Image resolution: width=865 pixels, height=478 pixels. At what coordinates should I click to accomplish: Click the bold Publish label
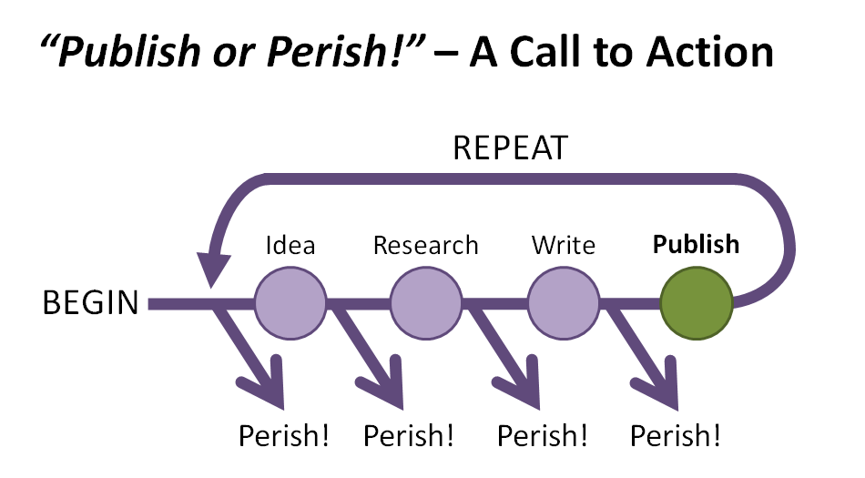697,245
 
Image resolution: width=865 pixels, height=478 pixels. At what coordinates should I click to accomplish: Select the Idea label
290,245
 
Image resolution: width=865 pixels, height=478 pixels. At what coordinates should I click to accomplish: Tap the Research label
425,245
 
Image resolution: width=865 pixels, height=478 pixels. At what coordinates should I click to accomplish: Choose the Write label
563,245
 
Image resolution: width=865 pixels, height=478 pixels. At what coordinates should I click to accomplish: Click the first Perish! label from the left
284,436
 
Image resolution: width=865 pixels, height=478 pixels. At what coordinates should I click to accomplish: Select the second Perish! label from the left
409,436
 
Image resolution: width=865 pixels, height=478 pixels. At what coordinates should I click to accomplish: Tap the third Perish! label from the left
544,436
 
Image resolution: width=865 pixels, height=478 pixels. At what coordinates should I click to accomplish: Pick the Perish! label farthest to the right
676,436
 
